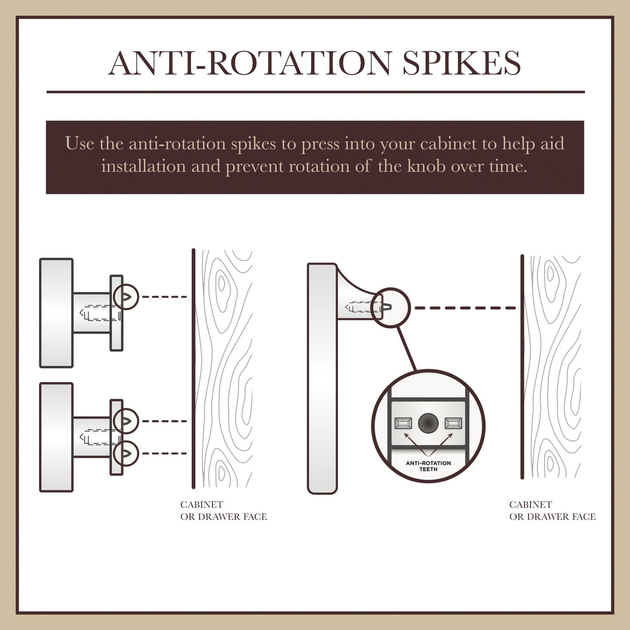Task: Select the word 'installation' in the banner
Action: click(144, 166)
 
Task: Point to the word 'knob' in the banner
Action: click(426, 166)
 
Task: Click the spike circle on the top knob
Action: click(126, 297)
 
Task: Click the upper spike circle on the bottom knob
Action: click(126, 421)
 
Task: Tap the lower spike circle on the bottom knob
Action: click(126, 453)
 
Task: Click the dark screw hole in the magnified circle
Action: click(428, 424)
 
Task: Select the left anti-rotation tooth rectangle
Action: click(403, 424)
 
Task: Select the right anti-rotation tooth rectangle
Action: click(453, 424)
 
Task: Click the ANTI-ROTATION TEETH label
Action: click(428, 466)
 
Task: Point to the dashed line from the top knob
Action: click(164, 297)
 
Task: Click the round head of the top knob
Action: click(56, 313)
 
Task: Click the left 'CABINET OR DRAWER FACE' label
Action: click(223, 510)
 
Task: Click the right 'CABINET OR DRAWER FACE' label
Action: click(552, 510)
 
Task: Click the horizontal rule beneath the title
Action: click(315, 92)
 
